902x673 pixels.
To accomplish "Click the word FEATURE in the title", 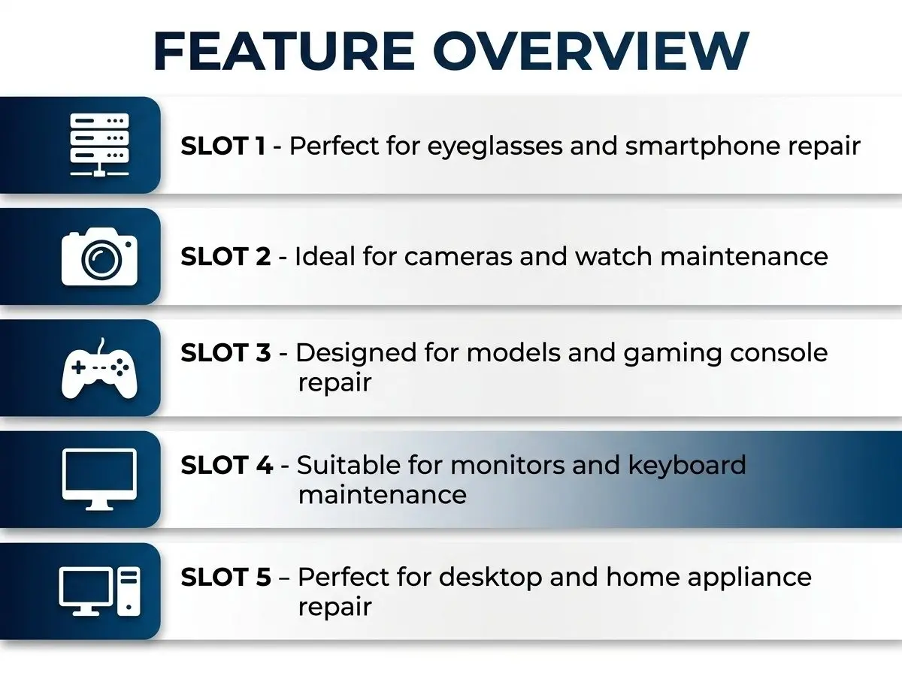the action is point(284,51).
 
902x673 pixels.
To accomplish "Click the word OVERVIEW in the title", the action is point(592,51).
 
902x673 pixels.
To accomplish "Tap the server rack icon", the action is point(99,145).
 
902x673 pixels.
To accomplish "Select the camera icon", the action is point(99,257).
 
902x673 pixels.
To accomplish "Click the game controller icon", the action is point(99,368).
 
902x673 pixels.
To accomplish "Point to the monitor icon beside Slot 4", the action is point(99,479).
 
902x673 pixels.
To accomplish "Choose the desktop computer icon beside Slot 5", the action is point(99,591).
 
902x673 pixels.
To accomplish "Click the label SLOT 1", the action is point(222,146).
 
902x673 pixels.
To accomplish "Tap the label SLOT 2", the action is point(225,257).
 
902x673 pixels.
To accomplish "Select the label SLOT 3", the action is point(225,353).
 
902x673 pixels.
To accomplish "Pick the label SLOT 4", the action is point(226,465).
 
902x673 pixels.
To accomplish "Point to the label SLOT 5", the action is point(225,577).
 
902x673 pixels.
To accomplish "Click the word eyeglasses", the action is point(495,147).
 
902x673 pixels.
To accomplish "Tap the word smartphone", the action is point(702,147).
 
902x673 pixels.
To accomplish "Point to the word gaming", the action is point(672,355).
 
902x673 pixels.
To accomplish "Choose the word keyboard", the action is point(687,466).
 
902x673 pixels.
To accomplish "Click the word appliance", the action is point(749,578).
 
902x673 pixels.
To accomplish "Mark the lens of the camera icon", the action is point(101,259).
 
